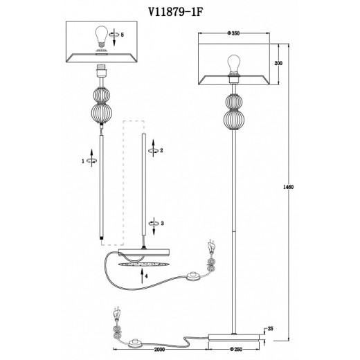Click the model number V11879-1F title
click(x=175, y=12)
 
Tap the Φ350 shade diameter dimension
click(x=233, y=33)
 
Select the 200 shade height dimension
click(x=278, y=63)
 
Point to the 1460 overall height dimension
click(x=288, y=187)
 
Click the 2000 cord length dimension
click(x=159, y=350)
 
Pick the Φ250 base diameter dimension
click(x=236, y=350)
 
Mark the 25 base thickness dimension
click(x=270, y=328)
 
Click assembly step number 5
click(x=123, y=35)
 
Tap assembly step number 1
click(x=83, y=161)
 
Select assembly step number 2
click(x=161, y=150)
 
